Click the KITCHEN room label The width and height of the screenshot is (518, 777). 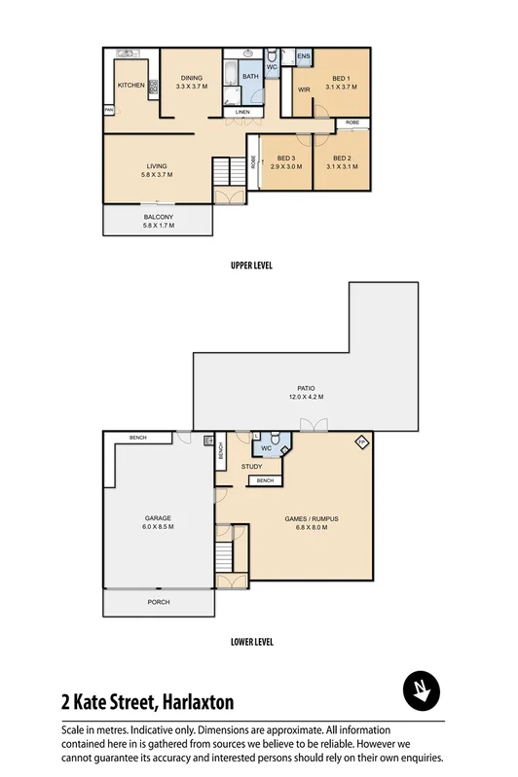coord(131,86)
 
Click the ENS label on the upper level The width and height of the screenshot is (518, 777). coord(303,56)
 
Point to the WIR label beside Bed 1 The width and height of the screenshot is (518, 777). coord(303,89)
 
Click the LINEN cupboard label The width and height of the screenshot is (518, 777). coord(242,113)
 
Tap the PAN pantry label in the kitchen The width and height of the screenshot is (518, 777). coord(109,111)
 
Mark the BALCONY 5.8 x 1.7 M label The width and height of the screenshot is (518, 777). coord(158,222)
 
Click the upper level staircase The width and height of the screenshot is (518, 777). coord(227,172)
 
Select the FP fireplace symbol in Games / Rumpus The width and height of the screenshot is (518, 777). coord(361,442)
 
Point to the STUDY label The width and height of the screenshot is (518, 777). coord(252,467)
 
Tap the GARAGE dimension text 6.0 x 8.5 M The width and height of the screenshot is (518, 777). coord(158,527)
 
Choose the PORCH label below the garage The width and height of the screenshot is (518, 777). coord(158,602)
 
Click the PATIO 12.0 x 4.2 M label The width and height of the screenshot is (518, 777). coord(306,392)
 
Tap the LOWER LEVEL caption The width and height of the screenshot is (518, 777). coord(251,642)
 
